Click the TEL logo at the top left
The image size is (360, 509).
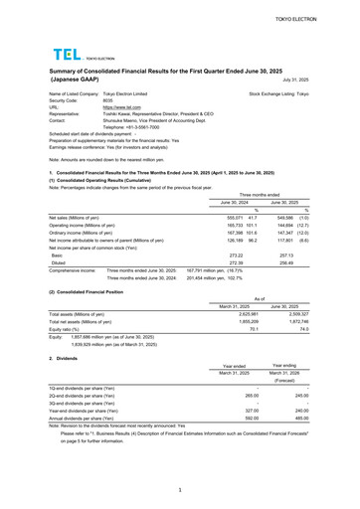click(67, 57)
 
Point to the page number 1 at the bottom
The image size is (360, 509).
click(180, 490)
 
